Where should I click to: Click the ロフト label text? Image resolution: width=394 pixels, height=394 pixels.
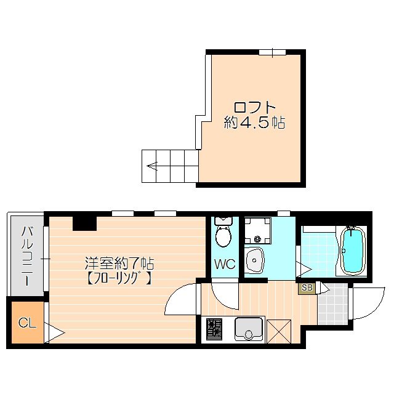coord(253,105)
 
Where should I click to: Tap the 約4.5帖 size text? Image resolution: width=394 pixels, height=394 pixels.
coord(254,123)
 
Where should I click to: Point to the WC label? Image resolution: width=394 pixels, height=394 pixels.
coord(224,265)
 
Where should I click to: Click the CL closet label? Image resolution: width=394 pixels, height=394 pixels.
coord(26,322)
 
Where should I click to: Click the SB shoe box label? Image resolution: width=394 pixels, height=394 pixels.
coord(306,287)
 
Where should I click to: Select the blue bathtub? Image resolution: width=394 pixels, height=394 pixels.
coord(352,251)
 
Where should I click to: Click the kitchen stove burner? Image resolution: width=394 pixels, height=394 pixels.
coord(214,329)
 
